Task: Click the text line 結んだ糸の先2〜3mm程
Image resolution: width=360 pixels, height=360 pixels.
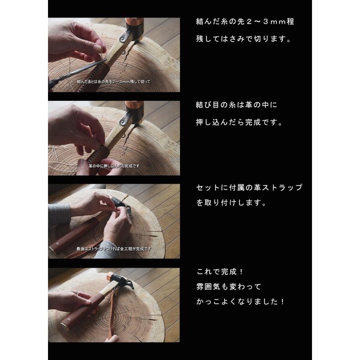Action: coord(245,22)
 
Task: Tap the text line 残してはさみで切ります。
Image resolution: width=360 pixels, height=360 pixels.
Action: coord(244,39)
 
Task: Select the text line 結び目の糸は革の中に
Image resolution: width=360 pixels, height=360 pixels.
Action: coord(237,105)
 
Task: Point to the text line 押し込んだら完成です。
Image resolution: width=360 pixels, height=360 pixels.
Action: coord(240,122)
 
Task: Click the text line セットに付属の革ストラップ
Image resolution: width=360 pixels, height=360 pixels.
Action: coord(249,188)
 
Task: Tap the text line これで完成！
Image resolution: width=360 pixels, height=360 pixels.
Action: coord(220,272)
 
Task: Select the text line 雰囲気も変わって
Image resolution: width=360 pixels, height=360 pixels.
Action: coord(229,286)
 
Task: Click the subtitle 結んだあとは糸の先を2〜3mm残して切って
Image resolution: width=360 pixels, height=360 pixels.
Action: coord(114,82)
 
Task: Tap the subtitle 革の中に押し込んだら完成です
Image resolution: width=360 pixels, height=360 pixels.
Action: coord(114,166)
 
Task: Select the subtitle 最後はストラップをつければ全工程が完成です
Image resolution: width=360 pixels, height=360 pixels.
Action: coord(114,249)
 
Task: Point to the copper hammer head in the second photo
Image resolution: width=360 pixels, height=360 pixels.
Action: coord(134,111)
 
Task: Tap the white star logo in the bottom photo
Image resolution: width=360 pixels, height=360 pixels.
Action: coord(68,319)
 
